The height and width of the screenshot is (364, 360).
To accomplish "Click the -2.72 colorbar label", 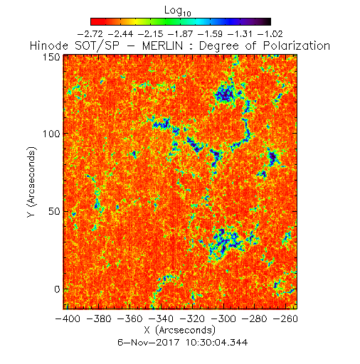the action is (90, 34).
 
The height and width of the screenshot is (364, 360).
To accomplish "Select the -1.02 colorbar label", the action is (270, 34).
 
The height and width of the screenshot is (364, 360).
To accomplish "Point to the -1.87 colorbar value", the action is (180, 34).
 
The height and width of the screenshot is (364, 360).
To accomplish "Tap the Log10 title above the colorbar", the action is (178, 11).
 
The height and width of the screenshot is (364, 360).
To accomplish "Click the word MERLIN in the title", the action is (163, 45).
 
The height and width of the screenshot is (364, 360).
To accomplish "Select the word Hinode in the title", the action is (49, 45).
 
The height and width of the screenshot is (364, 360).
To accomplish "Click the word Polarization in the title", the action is (297, 45).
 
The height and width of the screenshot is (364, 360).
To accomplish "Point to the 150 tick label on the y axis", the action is (51, 57).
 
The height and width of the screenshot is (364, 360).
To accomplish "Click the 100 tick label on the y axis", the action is (51, 134).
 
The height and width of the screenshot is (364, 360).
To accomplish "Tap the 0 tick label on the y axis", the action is (57, 289).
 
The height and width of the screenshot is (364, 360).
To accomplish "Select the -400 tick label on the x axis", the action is (68, 318).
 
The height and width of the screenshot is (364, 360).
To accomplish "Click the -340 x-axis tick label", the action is (162, 318).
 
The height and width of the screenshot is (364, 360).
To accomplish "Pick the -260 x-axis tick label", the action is (286, 318).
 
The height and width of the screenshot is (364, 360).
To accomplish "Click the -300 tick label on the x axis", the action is (223, 318).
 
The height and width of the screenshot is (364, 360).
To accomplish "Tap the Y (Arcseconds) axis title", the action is (31, 182).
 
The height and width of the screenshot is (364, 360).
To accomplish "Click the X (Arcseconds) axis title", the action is (180, 331).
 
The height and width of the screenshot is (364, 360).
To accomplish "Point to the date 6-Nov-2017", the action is (148, 343).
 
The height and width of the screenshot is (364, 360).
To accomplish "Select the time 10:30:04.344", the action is (216, 343).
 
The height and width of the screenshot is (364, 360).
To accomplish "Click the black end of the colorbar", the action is (268, 21).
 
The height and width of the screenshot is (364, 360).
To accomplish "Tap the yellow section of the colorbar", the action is (136, 21).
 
